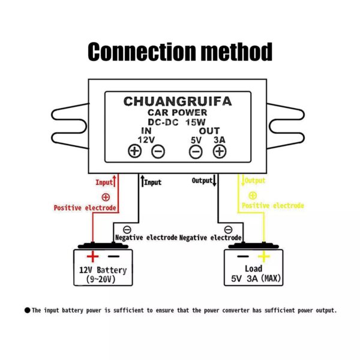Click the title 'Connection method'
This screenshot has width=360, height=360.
(x=180, y=52)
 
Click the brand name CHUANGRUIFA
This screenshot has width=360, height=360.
(x=177, y=101)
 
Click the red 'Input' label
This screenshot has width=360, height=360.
(x=104, y=182)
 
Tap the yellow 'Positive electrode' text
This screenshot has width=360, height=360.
(x=273, y=206)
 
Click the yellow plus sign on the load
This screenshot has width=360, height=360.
(x=263, y=257)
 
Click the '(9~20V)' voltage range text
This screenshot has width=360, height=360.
(x=101, y=279)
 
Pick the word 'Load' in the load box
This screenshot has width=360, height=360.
(x=254, y=269)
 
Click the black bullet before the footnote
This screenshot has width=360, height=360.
(x=27, y=310)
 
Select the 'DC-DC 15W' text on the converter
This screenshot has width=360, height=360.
(x=177, y=121)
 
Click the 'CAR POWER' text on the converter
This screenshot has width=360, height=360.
(x=178, y=112)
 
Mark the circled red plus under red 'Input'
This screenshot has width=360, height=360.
(x=106, y=197)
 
